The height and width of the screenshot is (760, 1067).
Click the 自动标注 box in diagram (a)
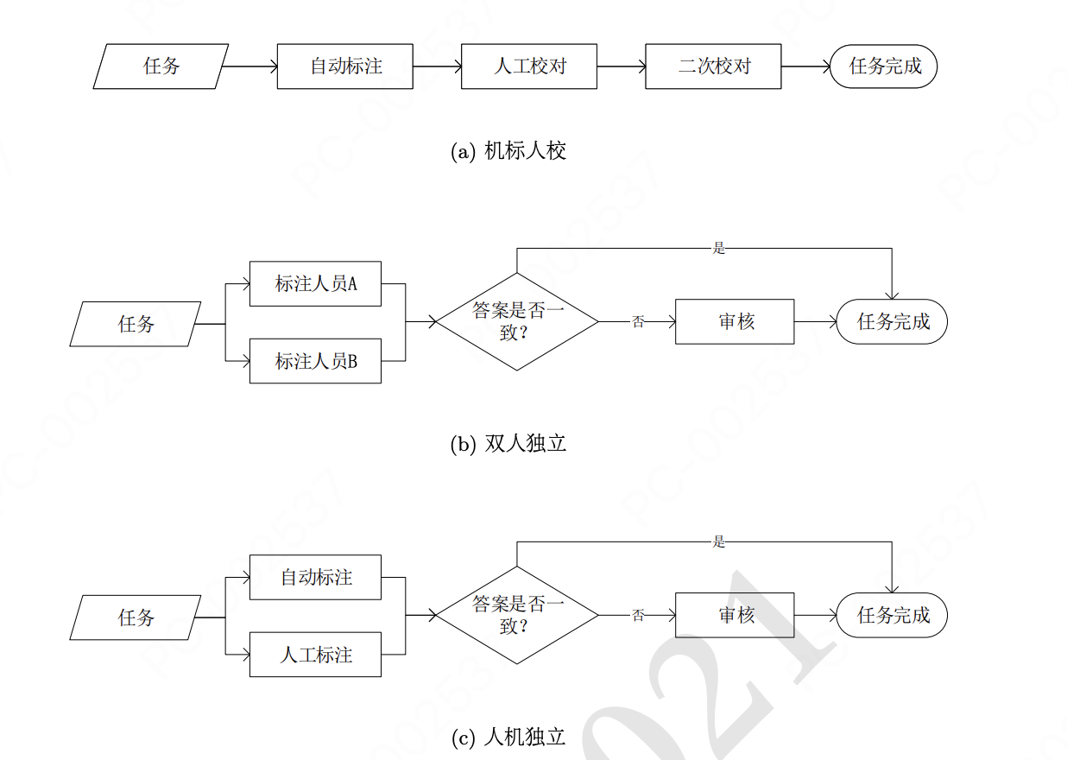click(344, 66)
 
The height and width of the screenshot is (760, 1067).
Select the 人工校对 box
click(528, 66)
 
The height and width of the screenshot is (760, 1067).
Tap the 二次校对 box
click(712, 66)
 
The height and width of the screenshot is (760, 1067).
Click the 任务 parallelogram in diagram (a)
click(161, 66)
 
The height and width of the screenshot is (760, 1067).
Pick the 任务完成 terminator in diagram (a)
click(883, 66)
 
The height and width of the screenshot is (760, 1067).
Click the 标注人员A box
click(315, 283)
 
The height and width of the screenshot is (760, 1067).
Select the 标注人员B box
click(315, 361)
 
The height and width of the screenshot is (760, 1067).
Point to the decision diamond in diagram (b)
click(516, 322)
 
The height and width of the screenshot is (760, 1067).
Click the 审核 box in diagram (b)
click(734, 322)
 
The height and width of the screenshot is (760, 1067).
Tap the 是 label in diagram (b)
click(719, 249)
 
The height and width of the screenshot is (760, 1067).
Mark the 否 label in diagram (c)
click(638, 616)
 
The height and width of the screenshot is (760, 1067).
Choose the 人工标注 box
click(315, 655)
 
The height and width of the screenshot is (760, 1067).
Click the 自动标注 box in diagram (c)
click(315, 577)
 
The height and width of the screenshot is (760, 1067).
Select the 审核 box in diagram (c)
click(734, 615)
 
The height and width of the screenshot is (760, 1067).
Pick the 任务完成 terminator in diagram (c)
click(892, 615)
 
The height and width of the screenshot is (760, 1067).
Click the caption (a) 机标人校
click(508, 151)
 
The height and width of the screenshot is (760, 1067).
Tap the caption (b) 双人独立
click(508, 444)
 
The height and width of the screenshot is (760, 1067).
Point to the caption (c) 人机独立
click(508, 738)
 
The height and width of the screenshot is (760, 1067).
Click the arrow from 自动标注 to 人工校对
click(437, 66)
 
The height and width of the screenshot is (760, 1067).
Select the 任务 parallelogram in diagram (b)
click(136, 324)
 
